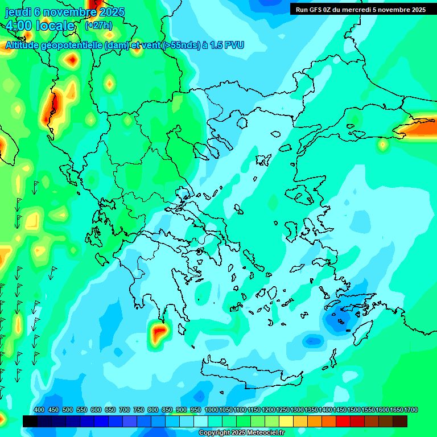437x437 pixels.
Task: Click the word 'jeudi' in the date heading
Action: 18,12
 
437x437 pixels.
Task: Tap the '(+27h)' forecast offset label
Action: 98,26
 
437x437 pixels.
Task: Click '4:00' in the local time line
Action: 19,26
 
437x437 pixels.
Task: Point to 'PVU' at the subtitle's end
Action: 234,45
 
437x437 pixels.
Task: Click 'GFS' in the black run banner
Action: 318,9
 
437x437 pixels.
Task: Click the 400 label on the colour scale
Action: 39,410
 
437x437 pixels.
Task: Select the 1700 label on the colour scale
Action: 411,410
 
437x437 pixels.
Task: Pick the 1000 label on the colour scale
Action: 212,410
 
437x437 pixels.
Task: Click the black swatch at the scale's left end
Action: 30,421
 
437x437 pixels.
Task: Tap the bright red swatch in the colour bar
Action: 343,421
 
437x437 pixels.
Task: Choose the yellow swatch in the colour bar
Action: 286,421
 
